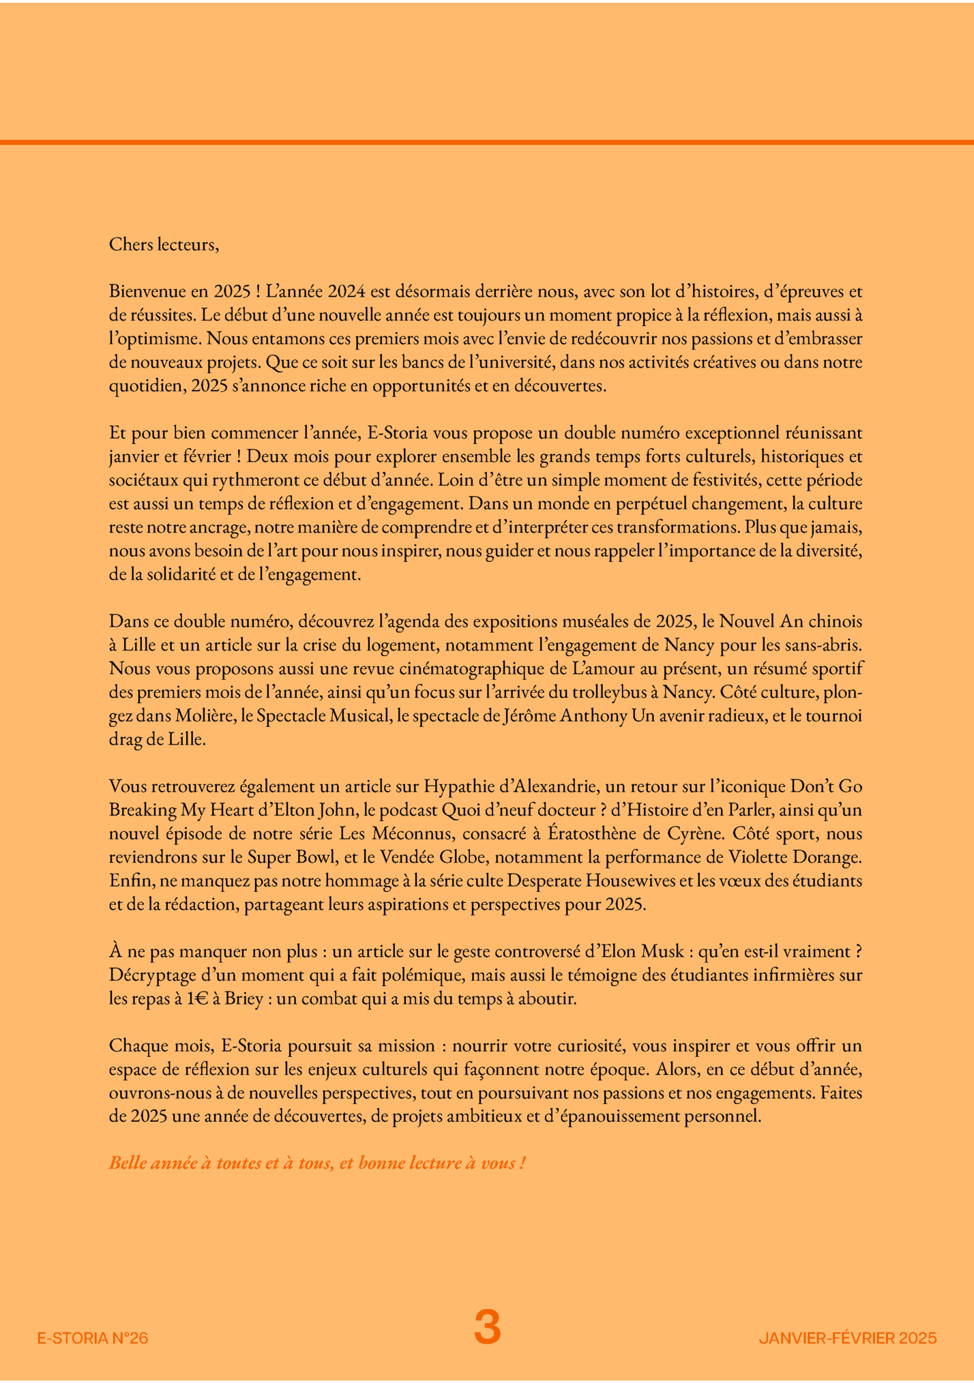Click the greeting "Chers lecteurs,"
click(x=164, y=244)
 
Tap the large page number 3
click(x=487, y=1327)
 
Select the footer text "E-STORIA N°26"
click(x=92, y=1338)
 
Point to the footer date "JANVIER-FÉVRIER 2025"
click(x=847, y=1338)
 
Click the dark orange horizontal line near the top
click(x=487, y=142)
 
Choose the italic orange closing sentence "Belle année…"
click(x=317, y=1163)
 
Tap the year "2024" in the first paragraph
click(x=347, y=292)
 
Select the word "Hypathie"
click(x=453, y=786)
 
